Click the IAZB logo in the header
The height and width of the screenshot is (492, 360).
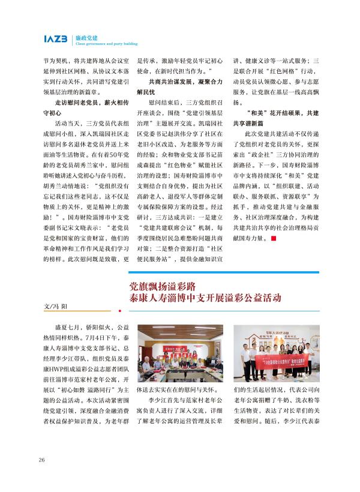tap(56, 39)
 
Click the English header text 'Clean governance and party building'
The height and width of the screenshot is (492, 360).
tap(107, 44)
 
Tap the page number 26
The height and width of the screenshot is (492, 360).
tap(41, 460)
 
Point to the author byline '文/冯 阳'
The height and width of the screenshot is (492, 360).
tap(56, 305)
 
